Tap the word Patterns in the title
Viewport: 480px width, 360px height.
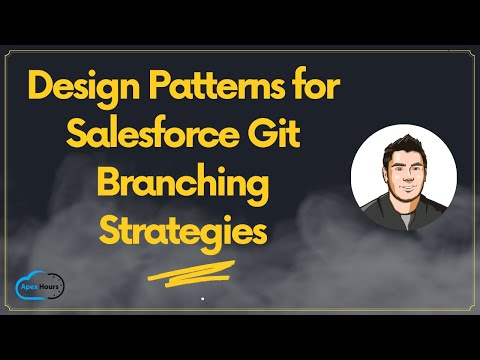[213, 87]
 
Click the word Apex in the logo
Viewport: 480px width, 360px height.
[34, 283]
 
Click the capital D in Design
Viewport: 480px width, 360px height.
[44, 87]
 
